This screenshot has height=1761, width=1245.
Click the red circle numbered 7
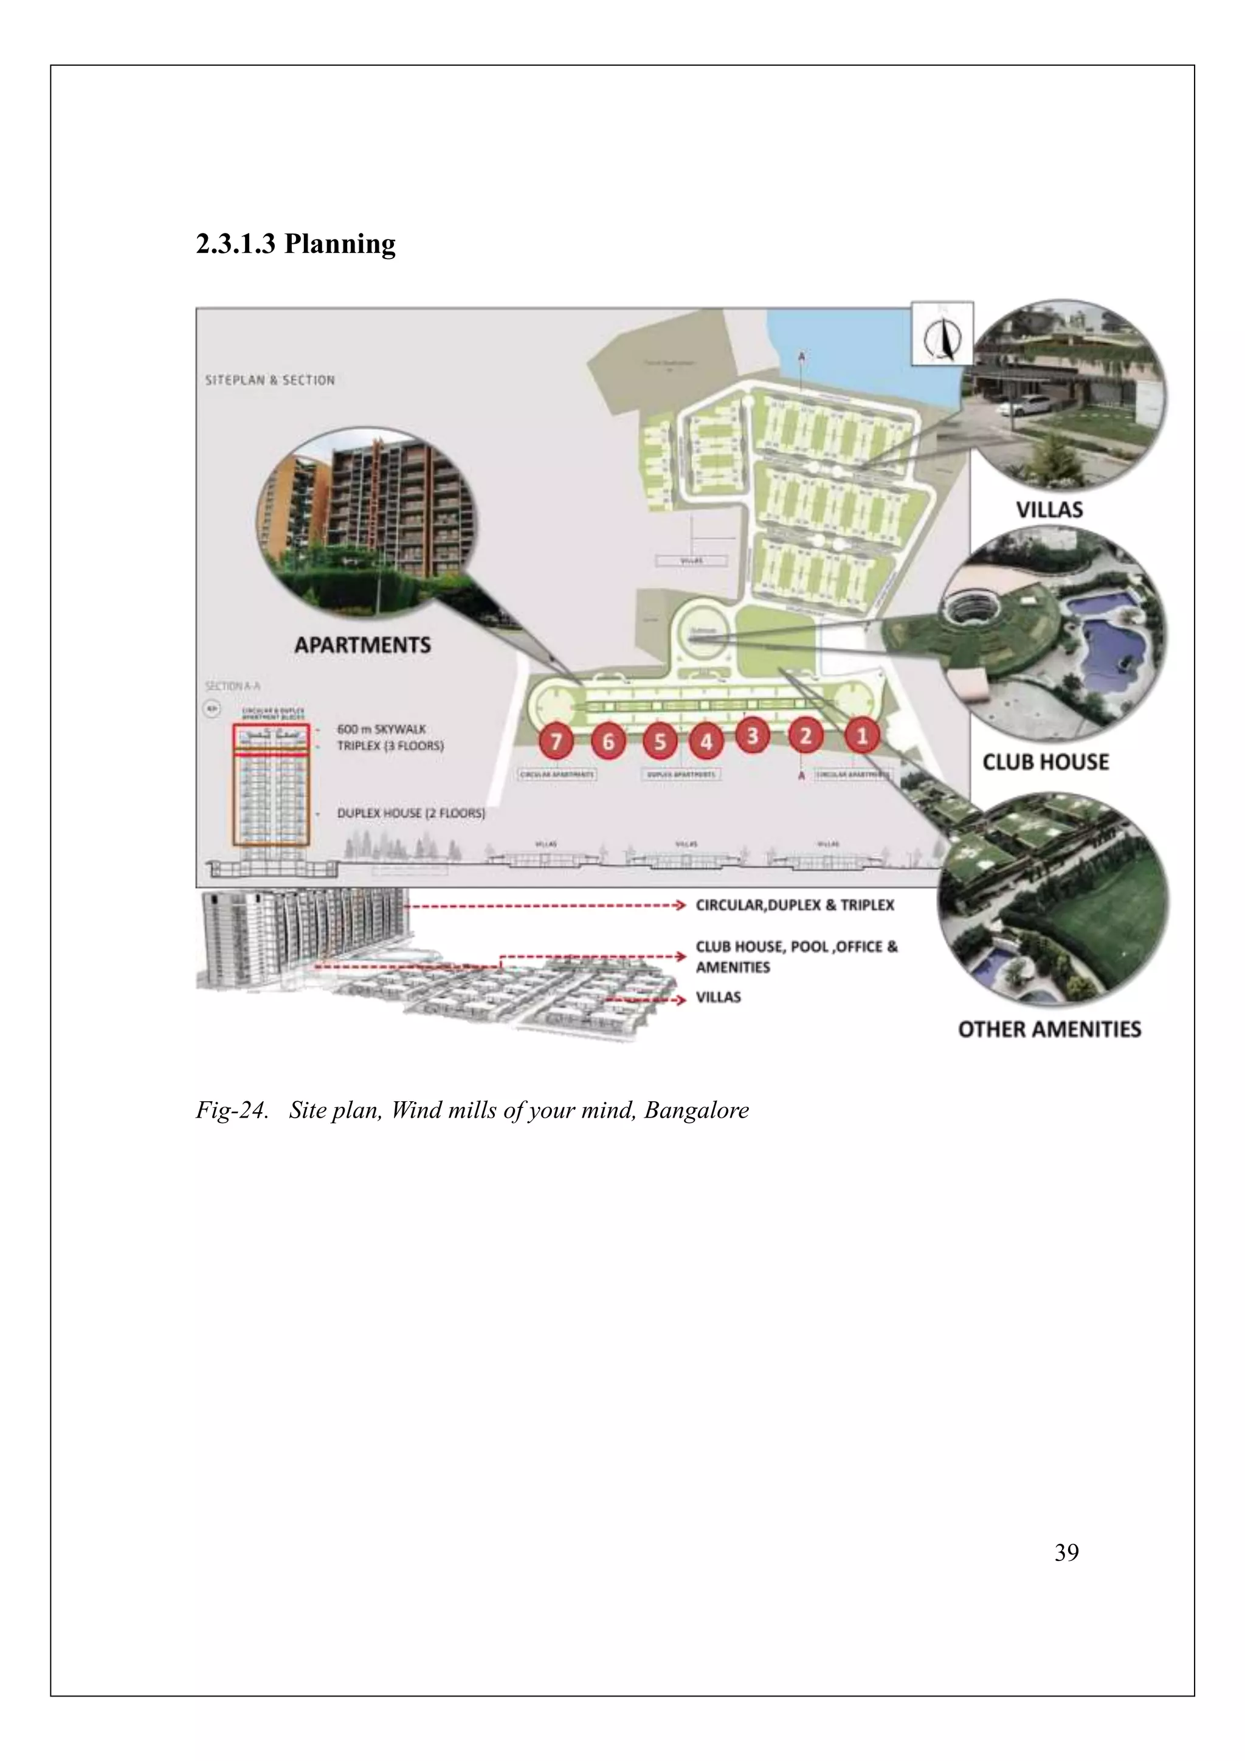557,742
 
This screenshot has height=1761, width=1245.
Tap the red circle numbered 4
706,742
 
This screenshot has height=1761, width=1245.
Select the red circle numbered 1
861,736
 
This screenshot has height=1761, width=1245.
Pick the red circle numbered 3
752,736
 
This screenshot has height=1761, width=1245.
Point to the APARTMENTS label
362,645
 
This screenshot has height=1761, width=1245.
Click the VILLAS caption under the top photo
1049,510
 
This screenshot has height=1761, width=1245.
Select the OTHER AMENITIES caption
1049,1029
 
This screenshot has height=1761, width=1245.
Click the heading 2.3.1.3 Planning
296,244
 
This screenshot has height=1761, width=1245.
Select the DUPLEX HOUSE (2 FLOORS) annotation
411,813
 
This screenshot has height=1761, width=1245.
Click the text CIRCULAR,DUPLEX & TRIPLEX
794,905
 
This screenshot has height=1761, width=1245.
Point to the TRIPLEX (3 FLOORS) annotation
390,746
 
